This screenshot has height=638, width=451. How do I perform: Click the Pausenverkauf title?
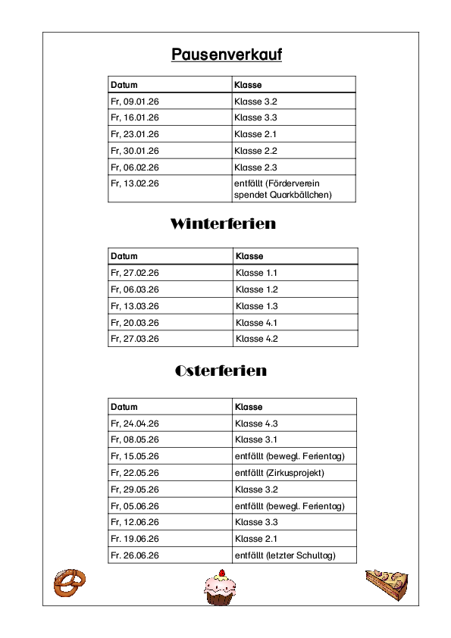(x=226, y=55)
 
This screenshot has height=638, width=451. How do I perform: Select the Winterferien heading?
(x=223, y=224)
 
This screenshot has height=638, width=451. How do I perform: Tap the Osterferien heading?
(x=221, y=371)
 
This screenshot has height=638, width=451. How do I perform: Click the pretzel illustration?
(x=69, y=583)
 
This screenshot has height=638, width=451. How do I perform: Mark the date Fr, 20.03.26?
(x=135, y=323)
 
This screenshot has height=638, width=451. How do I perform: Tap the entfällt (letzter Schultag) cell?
(x=285, y=555)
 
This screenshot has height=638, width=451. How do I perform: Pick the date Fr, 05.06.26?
(x=135, y=506)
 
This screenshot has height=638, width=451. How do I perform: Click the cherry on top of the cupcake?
(x=221, y=572)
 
